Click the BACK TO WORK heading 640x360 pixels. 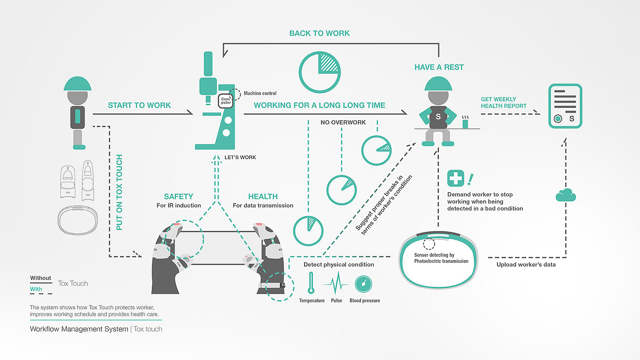[x=320, y=33]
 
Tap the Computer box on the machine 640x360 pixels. [x=226, y=101]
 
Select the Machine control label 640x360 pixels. [x=260, y=93]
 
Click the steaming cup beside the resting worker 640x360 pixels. [x=465, y=122]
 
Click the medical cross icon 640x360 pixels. [x=455, y=178]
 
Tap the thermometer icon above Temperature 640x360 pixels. [x=311, y=283]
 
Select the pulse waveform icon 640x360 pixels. [x=336, y=283]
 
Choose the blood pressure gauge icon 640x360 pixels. [x=363, y=284]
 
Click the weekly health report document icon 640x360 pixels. [x=565, y=106]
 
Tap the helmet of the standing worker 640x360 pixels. [x=77, y=84]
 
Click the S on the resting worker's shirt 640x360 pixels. [x=438, y=116]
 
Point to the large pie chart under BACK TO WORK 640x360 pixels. [x=320, y=72]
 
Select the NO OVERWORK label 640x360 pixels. [x=343, y=123]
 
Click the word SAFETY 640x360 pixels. [x=179, y=196]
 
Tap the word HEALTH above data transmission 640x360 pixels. [x=263, y=196]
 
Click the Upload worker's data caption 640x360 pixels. [x=526, y=264]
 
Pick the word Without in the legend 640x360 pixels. [x=41, y=278]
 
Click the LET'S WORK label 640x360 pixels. [x=240, y=157]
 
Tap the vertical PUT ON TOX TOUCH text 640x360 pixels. [x=119, y=192]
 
